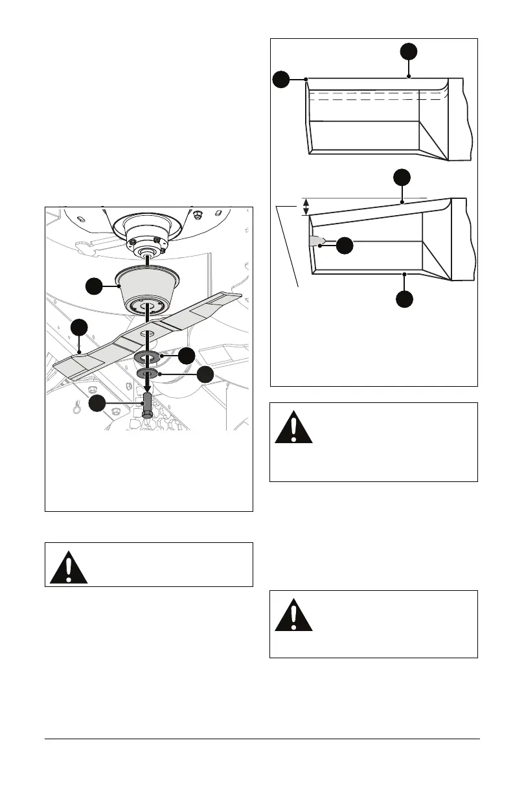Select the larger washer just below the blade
147,357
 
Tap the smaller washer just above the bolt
147,374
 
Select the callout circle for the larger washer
187,355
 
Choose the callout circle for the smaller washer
205,374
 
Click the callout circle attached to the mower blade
78,327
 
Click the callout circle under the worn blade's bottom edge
404,299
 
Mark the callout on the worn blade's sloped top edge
402,178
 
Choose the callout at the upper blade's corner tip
280,80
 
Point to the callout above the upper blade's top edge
408,52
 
